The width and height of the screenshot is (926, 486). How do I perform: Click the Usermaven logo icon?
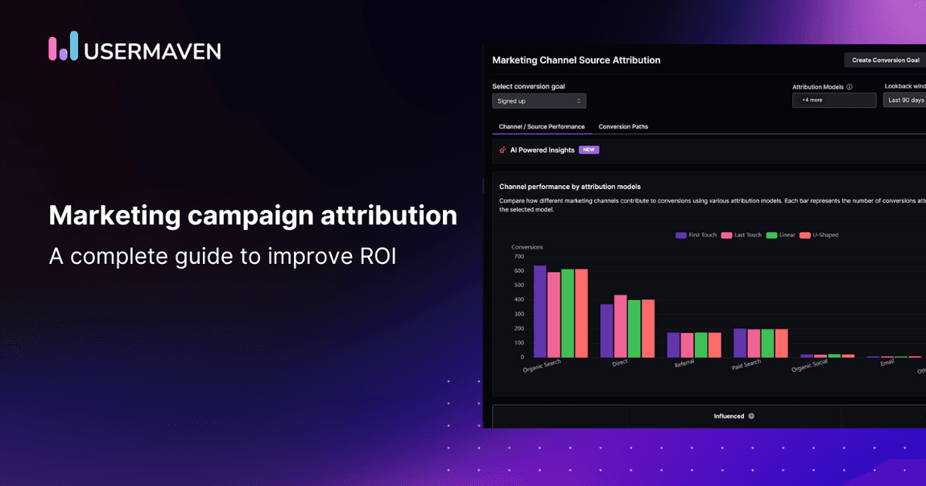coord(63,47)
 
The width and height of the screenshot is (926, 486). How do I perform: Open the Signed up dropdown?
coord(539,101)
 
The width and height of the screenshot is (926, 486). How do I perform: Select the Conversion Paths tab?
coord(622,126)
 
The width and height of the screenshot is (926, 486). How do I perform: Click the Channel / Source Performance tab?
coord(541,126)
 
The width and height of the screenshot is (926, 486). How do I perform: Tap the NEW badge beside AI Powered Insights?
coord(589,150)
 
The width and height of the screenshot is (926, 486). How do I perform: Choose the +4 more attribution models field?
coord(833,101)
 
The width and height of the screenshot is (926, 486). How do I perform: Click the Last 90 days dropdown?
coord(905,101)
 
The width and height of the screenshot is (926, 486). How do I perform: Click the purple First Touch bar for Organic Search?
coord(540,312)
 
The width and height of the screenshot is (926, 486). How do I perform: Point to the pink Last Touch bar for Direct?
coord(620,327)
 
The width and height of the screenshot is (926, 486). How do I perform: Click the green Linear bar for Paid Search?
coord(767,343)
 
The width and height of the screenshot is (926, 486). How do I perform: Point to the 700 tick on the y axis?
coord(519,256)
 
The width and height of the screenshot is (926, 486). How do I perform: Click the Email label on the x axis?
coord(887,363)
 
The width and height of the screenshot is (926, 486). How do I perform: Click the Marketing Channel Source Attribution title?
coord(576,60)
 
